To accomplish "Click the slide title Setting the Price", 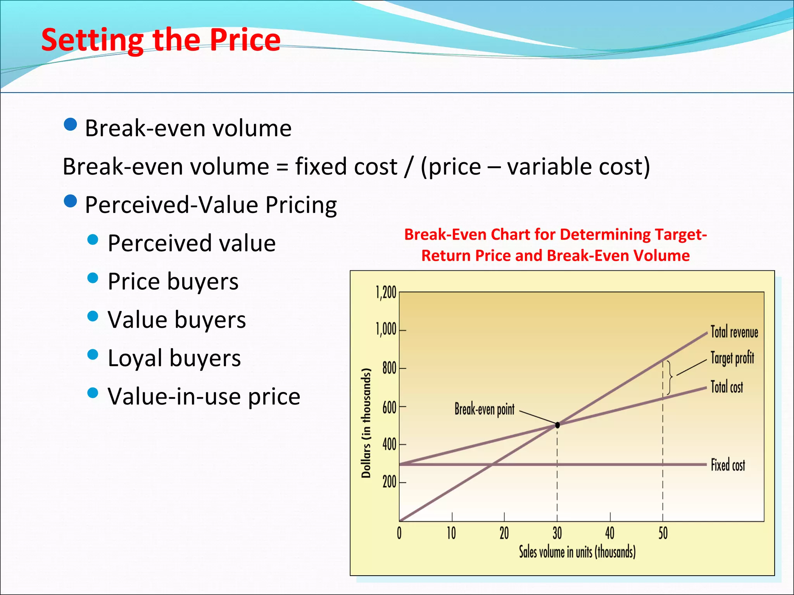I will point(161,40).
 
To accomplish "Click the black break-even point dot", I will point(558,425).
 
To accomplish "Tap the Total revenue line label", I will point(734,332).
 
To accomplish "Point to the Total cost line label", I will point(727,387).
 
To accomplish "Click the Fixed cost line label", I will point(728,465).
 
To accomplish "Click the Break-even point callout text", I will point(484,409).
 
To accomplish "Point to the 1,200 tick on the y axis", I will point(386,292).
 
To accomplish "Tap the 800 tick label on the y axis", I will point(389,368).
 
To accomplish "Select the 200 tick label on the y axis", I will point(389,482).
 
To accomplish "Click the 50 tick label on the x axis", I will point(663,533).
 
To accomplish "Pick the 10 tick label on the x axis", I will point(451,533).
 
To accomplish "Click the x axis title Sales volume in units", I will point(577,552).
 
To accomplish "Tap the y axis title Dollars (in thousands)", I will point(366,423).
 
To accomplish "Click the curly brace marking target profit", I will point(670,377).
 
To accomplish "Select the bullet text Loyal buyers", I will point(174,358).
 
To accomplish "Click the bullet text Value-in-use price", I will point(204,396).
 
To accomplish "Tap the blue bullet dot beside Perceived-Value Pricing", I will point(71,201).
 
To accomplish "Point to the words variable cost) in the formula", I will point(578,167).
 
